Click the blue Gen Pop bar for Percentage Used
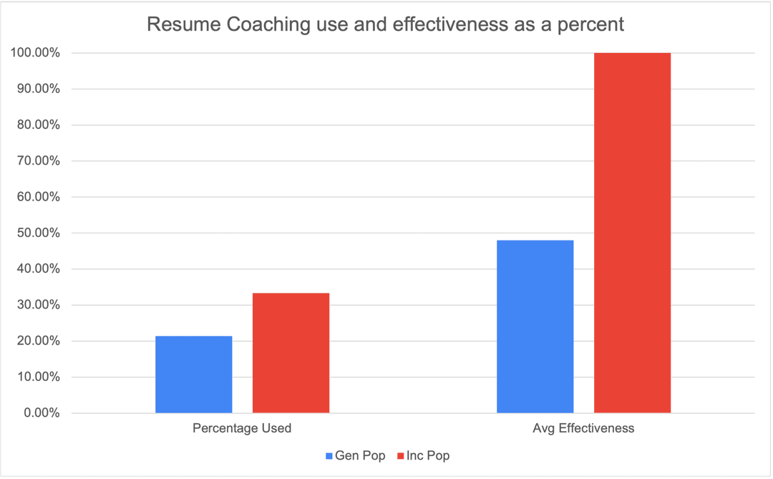point(193,374)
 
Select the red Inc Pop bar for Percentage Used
point(291,353)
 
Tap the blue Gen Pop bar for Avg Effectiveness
point(535,326)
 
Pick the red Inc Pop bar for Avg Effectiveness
point(632,233)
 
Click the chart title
point(386,24)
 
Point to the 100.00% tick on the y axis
point(35,53)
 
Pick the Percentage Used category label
point(242,429)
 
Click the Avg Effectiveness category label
point(583,429)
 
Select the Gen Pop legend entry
point(356,455)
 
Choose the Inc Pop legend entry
point(424,455)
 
